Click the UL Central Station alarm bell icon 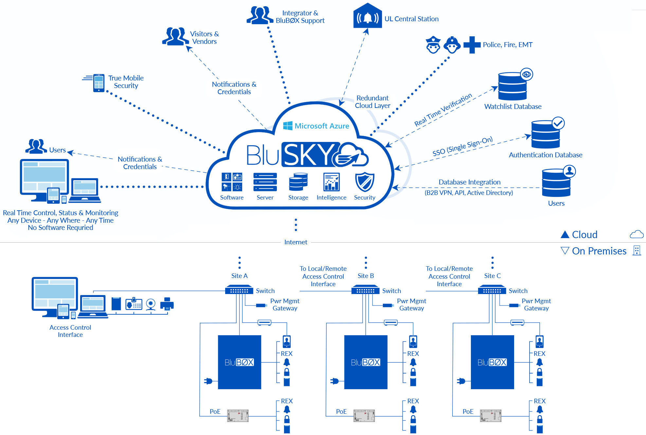pos(368,17)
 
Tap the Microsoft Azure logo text pos(321,126)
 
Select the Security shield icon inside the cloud pos(364,182)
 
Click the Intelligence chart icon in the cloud pos(331,182)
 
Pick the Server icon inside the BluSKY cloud pos(265,182)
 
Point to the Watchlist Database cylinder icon pos(512,86)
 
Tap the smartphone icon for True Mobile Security pos(99,83)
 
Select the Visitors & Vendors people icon pos(175,36)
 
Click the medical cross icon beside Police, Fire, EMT pos(472,44)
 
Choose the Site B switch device pos(365,290)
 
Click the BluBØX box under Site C pos(492,362)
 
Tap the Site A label pos(239,276)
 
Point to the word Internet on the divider pos(296,242)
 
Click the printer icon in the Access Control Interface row pos(167,304)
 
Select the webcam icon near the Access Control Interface pos(151,304)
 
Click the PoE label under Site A pos(215,411)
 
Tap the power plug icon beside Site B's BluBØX pos(334,381)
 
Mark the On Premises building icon pos(637,251)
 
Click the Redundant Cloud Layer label pos(372,102)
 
